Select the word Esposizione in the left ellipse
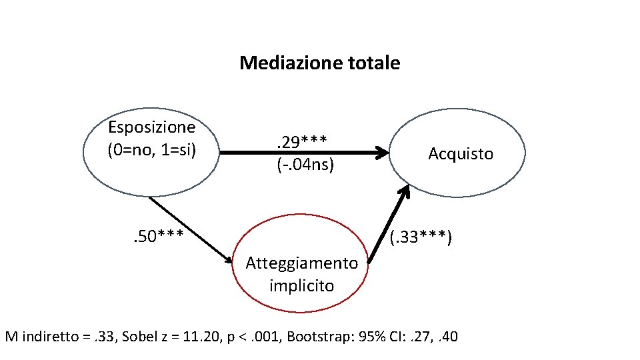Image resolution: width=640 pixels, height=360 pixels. (x=152, y=127)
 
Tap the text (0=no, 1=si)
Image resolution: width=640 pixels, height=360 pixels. (x=152, y=149)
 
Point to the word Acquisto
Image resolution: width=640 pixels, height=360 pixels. (x=461, y=154)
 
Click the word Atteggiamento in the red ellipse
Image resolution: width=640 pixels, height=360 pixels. (x=301, y=263)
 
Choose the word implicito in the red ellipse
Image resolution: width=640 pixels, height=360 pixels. (x=301, y=285)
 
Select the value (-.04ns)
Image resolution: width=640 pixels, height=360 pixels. (x=305, y=164)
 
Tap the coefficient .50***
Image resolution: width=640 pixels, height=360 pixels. (x=157, y=234)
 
